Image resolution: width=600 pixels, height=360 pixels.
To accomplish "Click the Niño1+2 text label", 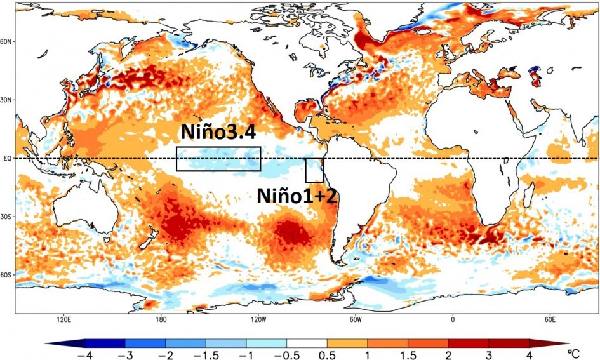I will click(x=297, y=195).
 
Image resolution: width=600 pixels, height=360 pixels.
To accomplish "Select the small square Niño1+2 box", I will click(x=314, y=170).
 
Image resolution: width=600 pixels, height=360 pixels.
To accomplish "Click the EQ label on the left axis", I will click(x=8, y=158).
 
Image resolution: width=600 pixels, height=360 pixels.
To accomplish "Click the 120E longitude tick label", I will click(x=63, y=318).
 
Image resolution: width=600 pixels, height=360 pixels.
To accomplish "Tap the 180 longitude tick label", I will click(x=161, y=318).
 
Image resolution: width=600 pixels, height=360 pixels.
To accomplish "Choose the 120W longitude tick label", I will click(x=258, y=318).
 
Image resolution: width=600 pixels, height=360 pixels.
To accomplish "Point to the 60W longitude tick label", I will click(x=355, y=318).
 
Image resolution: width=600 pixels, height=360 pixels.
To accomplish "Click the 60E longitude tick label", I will click(x=550, y=318).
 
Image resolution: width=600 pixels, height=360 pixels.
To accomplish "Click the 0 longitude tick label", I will click(x=453, y=318).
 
